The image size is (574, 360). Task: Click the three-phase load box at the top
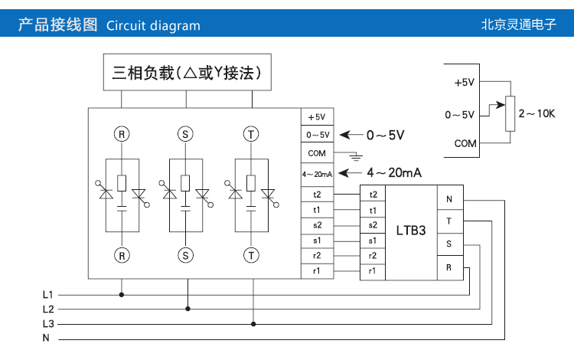click(187, 73)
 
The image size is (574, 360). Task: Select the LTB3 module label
click(410, 230)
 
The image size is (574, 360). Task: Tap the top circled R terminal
click(121, 134)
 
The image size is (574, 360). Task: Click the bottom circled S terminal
click(186, 254)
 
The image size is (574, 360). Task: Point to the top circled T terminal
click(251, 134)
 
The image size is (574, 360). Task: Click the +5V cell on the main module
click(317, 117)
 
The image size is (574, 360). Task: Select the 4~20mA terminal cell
click(317, 173)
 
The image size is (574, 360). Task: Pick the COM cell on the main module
click(317, 152)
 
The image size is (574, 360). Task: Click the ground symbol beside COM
click(354, 157)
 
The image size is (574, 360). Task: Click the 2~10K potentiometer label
click(536, 114)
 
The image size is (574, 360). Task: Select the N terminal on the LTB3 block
click(449, 200)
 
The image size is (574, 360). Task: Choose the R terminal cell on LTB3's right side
click(449, 267)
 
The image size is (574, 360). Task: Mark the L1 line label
click(47, 294)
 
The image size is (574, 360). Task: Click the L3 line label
click(47, 323)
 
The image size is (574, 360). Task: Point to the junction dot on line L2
click(187, 309)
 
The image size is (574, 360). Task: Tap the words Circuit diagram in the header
click(153, 25)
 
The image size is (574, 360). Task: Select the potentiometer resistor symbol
click(511, 114)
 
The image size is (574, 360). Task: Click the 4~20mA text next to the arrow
click(394, 172)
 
